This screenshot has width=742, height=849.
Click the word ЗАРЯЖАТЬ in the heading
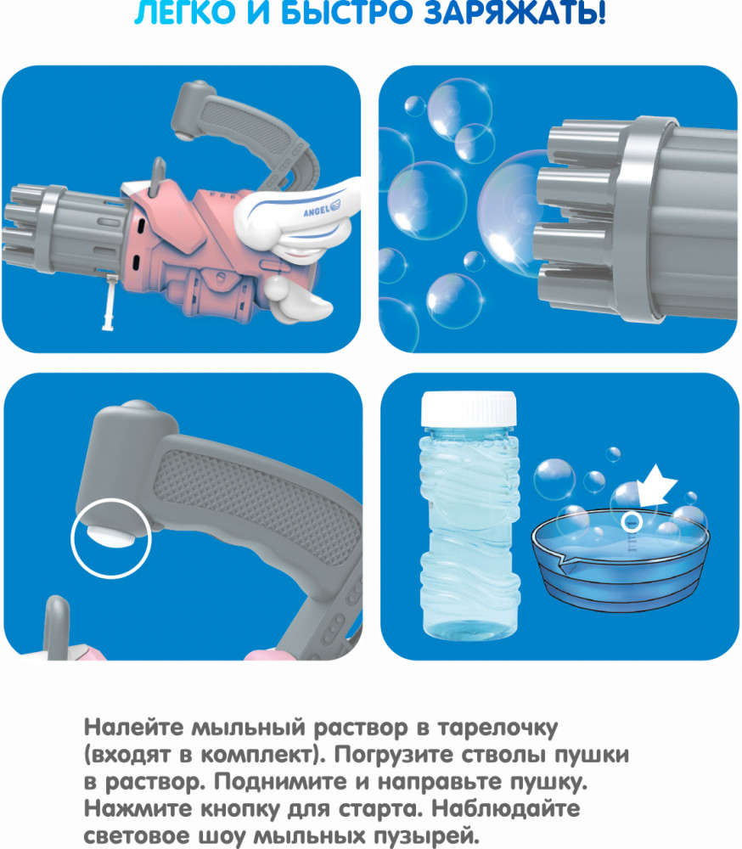pyautogui.click(x=514, y=12)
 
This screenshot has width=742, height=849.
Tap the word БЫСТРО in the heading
pyautogui.click(x=346, y=12)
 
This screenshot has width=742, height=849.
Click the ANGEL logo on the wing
pyautogui.click(x=322, y=209)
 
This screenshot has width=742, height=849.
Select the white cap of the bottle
pyautogui.click(x=469, y=409)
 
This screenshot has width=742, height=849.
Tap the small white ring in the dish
pyautogui.click(x=632, y=522)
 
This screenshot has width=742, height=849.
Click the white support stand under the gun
pyautogui.click(x=110, y=302)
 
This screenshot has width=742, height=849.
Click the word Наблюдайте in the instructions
pyautogui.click(x=506, y=809)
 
